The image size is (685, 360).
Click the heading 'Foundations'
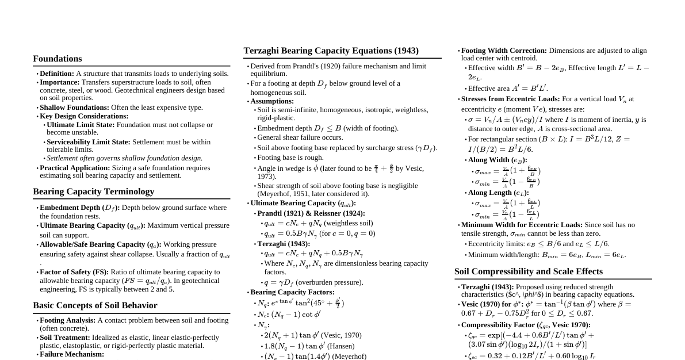pos(57,59)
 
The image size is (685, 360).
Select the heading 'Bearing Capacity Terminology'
pos(93,192)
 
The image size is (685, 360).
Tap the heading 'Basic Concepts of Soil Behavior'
pos(95,305)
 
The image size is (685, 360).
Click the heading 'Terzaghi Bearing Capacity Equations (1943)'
pos(331,51)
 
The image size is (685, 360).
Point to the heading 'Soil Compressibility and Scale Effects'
pos(528,271)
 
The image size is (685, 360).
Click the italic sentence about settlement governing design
pos(124,158)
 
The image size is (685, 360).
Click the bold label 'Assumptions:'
pos(271,101)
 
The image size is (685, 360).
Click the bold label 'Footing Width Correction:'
pos(504,51)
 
